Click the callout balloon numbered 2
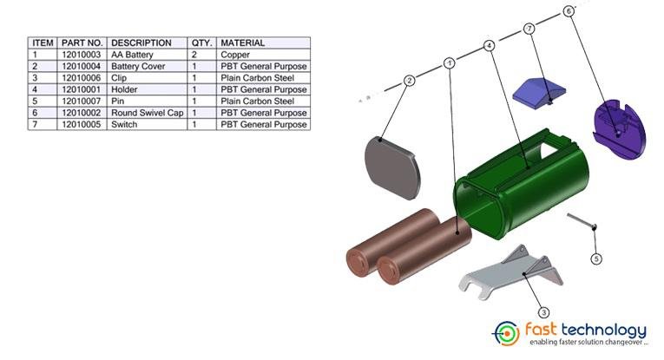(x=409, y=80)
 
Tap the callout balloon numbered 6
(x=568, y=11)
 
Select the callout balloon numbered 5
(x=596, y=259)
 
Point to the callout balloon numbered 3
(x=544, y=311)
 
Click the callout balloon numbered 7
(x=529, y=29)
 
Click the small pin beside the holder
(x=583, y=222)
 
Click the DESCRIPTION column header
(x=141, y=43)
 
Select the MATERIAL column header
(x=242, y=43)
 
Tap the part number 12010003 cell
(x=82, y=54)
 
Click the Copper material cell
(x=236, y=54)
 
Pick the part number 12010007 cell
(x=82, y=101)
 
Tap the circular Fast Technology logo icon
(x=507, y=332)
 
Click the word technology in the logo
(x=603, y=330)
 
